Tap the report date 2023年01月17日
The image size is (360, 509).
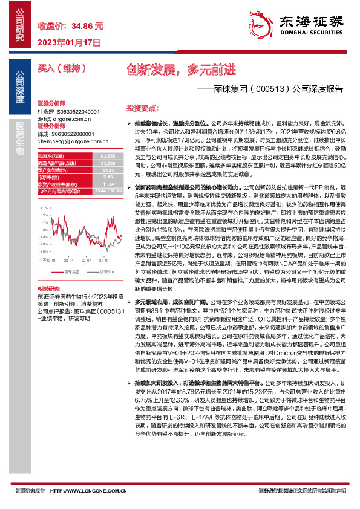click(x=68, y=42)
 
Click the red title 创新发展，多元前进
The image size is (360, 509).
click(x=181, y=69)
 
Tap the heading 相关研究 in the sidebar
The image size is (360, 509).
click(x=48, y=273)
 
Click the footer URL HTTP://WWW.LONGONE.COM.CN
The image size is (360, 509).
click(x=86, y=490)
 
